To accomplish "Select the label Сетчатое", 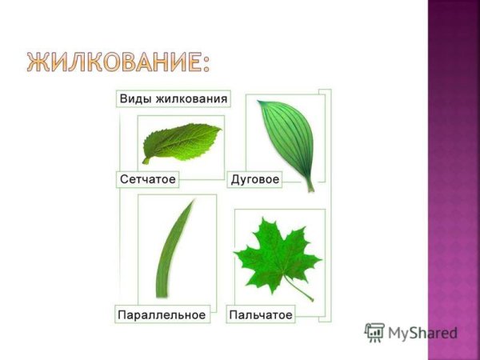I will tap(147, 179).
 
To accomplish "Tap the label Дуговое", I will tap(254, 179).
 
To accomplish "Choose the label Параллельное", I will tap(162, 315).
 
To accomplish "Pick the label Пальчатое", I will tap(261, 315).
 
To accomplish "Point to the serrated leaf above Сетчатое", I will tap(181, 142).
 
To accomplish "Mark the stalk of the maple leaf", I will tap(301, 290).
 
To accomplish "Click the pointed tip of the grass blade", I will tap(193, 202).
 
